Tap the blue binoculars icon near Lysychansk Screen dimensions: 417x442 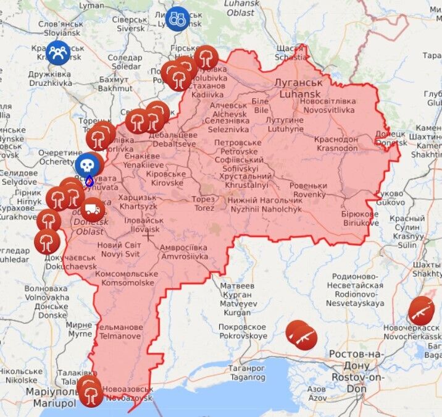tap(177, 18)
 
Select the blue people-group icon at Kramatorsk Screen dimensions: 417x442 tap(58, 52)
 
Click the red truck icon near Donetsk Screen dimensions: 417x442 tap(93, 209)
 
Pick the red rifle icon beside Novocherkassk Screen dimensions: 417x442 tap(421, 310)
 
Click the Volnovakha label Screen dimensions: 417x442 tap(46, 292)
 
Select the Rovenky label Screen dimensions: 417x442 tap(309, 190)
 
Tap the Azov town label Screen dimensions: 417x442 tap(317, 393)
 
